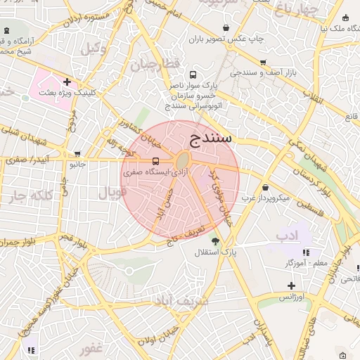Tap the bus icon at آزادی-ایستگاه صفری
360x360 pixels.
click(x=155, y=160)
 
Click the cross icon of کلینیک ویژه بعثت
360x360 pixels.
click(x=67, y=82)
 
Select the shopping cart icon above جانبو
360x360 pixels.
click(x=77, y=153)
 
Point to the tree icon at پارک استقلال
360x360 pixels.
click(x=215, y=240)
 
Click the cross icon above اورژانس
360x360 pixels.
click(x=291, y=285)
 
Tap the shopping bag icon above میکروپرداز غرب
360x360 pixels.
click(x=265, y=187)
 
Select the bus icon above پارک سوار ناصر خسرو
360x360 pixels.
click(x=193, y=74)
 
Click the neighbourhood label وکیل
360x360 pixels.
click(x=93, y=49)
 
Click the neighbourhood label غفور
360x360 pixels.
click(x=92, y=348)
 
